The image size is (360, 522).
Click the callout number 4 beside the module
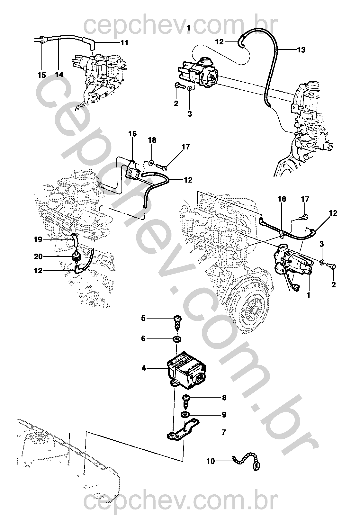(x=144, y=368)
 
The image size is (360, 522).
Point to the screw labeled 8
(x=186, y=401)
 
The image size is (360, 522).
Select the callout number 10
(x=211, y=461)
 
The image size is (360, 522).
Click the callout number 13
(x=301, y=50)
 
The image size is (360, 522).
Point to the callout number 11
(x=124, y=43)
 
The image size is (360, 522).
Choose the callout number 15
(x=42, y=75)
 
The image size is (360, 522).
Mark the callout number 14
(x=59, y=75)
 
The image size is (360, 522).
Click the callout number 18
(x=152, y=140)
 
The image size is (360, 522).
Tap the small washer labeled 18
(x=151, y=164)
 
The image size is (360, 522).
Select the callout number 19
(x=38, y=239)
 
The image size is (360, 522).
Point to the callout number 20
(x=38, y=256)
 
